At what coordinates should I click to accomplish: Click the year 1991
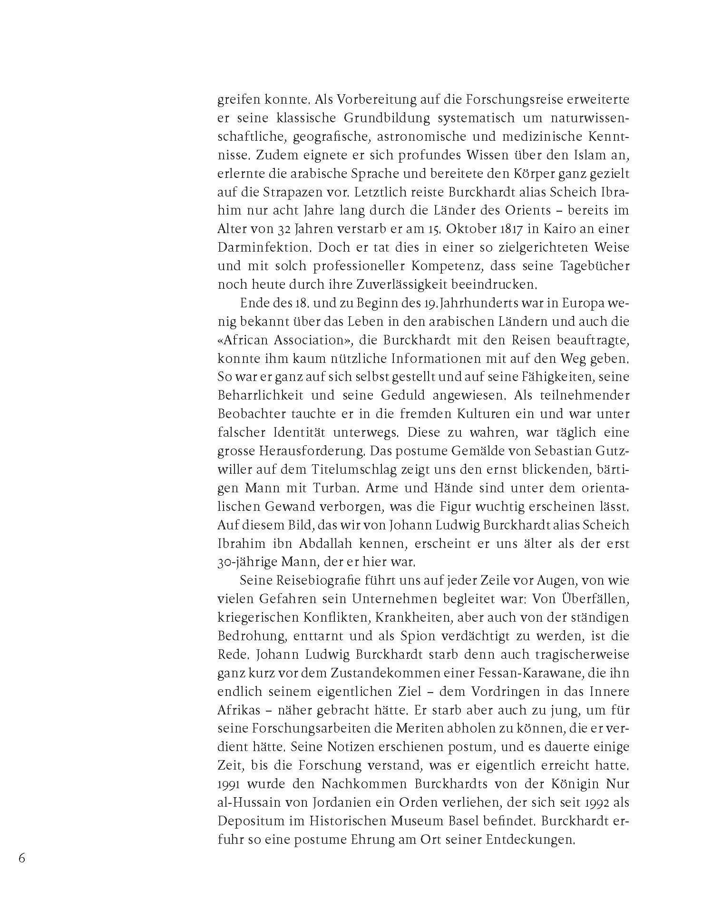coord(232,784)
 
